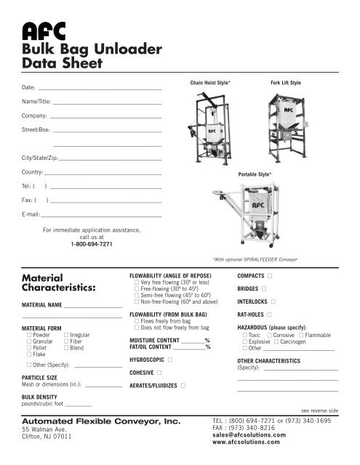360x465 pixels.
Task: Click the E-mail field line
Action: click(x=101, y=217)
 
